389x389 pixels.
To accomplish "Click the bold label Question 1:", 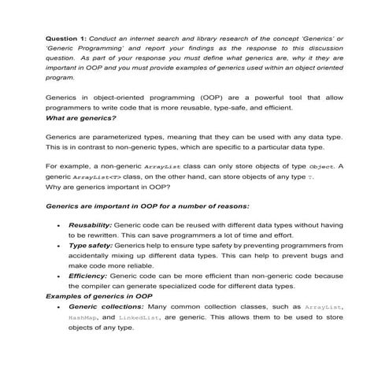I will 66,37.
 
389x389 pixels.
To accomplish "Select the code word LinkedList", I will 142,317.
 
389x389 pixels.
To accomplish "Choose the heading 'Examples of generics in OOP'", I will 97,296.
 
